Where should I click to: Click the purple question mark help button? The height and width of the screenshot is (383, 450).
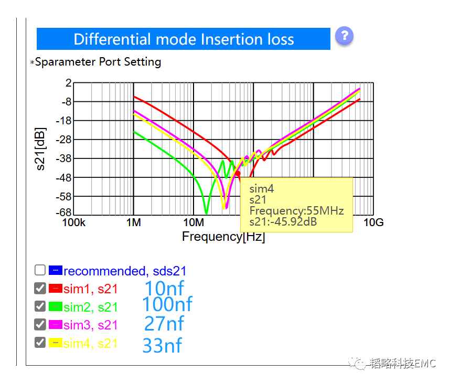tap(344, 36)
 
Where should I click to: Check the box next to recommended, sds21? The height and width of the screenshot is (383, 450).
tap(40, 270)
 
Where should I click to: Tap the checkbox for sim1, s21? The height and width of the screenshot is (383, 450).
tap(40, 288)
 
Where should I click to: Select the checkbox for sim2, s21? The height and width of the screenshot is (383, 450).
tap(40, 306)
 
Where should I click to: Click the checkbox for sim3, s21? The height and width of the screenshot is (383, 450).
tap(40, 324)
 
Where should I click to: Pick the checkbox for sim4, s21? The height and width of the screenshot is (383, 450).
tap(40, 343)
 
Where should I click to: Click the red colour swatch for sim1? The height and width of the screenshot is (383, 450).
tap(56, 288)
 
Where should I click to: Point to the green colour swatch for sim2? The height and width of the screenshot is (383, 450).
tap(56, 306)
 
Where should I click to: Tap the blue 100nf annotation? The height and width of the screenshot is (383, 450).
tap(167, 304)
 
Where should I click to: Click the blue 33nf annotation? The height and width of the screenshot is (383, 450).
tap(162, 345)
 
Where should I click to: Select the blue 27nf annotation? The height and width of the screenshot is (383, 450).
tap(164, 324)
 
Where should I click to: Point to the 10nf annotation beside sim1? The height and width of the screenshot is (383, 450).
tap(164, 288)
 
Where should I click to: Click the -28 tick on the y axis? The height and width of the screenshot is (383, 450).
tap(63, 140)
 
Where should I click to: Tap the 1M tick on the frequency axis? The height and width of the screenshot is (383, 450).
tap(134, 222)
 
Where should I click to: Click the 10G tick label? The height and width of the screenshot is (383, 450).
tap(373, 222)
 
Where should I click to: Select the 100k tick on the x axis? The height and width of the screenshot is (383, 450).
tap(74, 222)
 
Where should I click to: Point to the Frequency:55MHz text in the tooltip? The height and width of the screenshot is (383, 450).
tap(296, 211)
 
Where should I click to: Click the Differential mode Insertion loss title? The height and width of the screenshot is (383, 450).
tap(184, 39)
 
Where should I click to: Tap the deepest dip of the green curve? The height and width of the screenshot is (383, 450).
tap(206, 213)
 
